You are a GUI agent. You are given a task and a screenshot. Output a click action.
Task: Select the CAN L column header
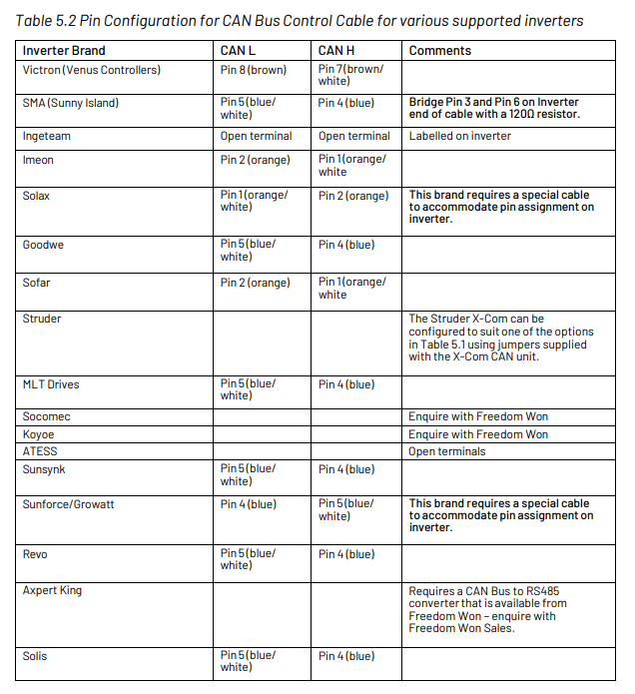(x=239, y=51)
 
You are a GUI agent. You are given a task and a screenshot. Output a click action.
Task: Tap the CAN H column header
(x=338, y=51)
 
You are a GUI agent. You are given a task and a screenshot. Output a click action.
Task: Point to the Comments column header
(x=439, y=51)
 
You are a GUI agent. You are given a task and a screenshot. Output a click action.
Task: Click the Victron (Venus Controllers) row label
(x=91, y=70)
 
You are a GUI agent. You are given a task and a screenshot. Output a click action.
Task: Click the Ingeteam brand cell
(x=47, y=137)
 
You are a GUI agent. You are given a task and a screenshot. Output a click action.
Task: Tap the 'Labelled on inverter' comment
(x=459, y=137)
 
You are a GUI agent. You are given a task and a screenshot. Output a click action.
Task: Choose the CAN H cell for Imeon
(x=352, y=165)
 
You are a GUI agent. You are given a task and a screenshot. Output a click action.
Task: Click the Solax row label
(x=36, y=196)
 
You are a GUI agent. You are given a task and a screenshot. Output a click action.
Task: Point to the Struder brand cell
(x=42, y=319)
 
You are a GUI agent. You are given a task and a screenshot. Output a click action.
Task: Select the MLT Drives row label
(x=51, y=384)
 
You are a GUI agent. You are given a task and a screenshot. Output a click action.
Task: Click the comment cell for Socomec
(x=477, y=416)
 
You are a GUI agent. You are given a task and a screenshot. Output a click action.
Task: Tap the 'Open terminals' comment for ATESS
(x=446, y=451)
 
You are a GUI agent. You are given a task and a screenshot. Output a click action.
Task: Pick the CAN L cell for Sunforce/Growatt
(x=249, y=504)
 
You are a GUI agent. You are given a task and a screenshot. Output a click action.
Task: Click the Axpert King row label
(x=52, y=590)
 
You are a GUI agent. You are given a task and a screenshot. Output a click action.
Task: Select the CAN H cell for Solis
(x=346, y=656)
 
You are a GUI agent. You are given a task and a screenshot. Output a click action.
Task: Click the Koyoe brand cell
(x=39, y=434)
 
